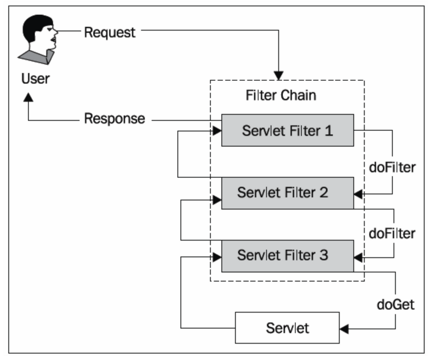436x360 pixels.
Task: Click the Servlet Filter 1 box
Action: click(x=287, y=130)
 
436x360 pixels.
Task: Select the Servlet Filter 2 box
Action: click(x=287, y=193)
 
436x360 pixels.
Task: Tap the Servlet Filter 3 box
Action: click(x=287, y=255)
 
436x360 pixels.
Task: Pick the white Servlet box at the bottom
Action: click(x=287, y=328)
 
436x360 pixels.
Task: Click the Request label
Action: click(x=110, y=32)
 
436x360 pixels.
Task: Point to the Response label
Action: click(x=114, y=118)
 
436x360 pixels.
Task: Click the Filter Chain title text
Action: click(x=281, y=95)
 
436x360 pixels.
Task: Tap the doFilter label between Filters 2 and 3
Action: click(x=392, y=233)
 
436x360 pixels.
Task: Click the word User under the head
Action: click(x=35, y=79)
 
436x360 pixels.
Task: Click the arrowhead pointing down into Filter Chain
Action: click(x=279, y=75)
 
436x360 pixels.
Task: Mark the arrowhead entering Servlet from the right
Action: click(x=345, y=328)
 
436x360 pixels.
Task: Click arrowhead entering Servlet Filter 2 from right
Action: click(x=358, y=193)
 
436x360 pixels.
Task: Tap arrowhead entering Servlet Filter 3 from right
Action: click(x=358, y=255)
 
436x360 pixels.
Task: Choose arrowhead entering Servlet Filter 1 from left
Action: click(x=217, y=130)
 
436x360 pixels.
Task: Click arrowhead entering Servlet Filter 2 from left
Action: click(x=217, y=200)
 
